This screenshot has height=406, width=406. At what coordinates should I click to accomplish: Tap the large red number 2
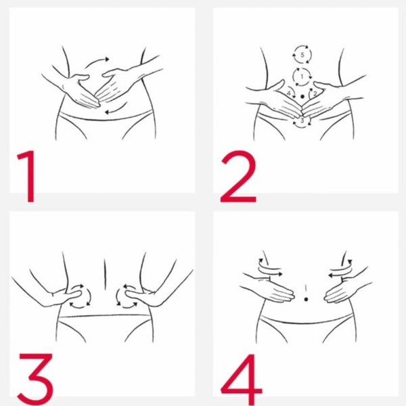point(238,176)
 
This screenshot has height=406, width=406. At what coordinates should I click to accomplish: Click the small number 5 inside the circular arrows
point(302,55)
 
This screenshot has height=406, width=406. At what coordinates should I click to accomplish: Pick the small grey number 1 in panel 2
point(302,76)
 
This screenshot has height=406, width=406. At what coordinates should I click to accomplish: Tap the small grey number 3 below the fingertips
point(302,120)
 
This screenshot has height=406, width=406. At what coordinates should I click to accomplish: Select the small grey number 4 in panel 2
point(289,93)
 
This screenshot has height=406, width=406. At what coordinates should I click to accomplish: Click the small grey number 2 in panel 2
point(315,93)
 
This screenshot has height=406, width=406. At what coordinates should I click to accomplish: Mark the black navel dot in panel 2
point(302,97)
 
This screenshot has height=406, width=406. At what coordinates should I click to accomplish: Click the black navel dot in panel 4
point(306,299)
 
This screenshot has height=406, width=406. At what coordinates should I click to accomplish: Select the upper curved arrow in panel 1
point(96,61)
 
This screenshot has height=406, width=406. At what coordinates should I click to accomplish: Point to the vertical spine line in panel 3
point(105,275)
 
